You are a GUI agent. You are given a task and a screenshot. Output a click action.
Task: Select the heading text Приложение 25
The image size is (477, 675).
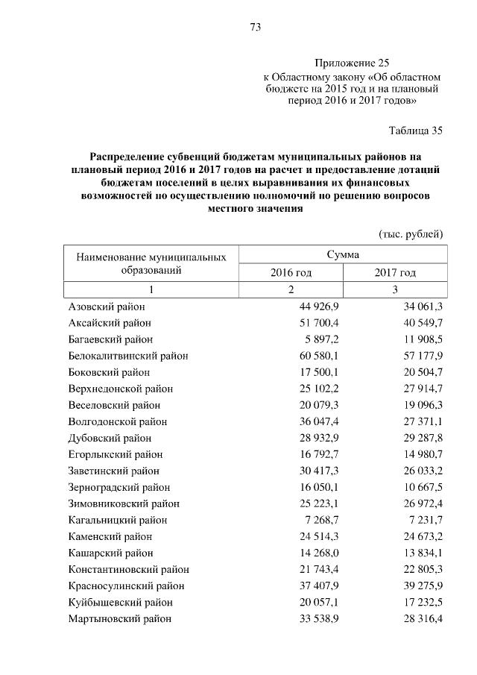coord(352,63)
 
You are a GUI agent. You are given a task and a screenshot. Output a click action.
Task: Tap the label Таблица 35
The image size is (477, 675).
coord(416,131)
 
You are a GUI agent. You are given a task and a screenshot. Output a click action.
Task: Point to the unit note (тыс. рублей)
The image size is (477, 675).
coord(411,234)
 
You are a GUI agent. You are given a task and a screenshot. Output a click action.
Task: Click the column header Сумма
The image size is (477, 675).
coord(343,254)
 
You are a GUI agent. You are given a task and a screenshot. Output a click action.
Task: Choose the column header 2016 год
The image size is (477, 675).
coord(291,273)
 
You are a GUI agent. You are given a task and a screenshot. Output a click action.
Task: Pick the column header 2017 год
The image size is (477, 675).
coord(395,273)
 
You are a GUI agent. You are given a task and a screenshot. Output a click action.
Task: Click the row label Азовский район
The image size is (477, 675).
coord(107,307)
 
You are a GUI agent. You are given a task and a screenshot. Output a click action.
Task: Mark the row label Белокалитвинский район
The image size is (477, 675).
coord(127,356)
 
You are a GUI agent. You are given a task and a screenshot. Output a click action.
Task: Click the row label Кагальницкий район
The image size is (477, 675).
coord(117,520)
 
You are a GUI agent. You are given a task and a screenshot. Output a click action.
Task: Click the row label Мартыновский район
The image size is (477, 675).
coord(119,618)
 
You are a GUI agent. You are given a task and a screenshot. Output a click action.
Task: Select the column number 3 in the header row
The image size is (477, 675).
coord(395,289)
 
